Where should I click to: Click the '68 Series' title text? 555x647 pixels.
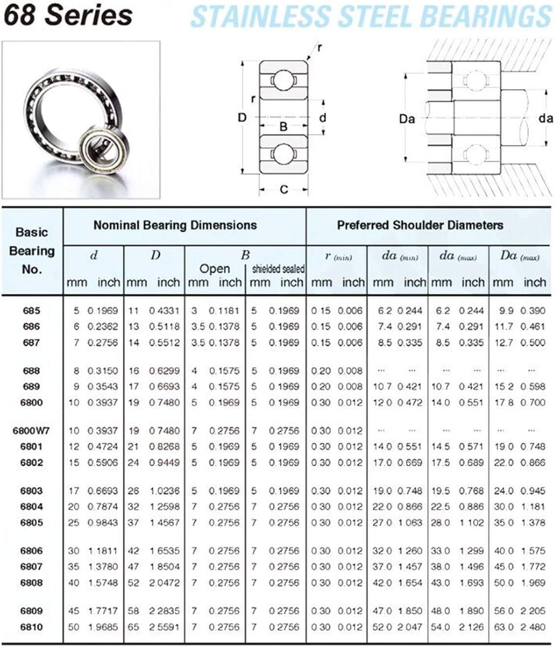[68, 15]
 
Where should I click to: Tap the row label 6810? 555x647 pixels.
[32, 627]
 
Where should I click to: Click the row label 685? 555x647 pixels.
[32, 310]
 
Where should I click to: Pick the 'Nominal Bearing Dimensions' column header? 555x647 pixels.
[175, 225]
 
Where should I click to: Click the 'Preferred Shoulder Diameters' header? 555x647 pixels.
[420, 225]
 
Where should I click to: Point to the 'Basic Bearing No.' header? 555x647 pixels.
[32, 250]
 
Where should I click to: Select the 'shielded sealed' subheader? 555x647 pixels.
[278, 269]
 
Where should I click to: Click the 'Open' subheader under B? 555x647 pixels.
[214, 269]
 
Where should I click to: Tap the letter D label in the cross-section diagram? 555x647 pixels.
[242, 118]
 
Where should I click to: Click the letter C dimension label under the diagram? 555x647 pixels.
[284, 189]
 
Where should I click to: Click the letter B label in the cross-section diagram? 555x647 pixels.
[283, 126]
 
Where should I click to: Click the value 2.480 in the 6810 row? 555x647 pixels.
[534, 627]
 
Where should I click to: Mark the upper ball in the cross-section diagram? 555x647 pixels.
[283, 80]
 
